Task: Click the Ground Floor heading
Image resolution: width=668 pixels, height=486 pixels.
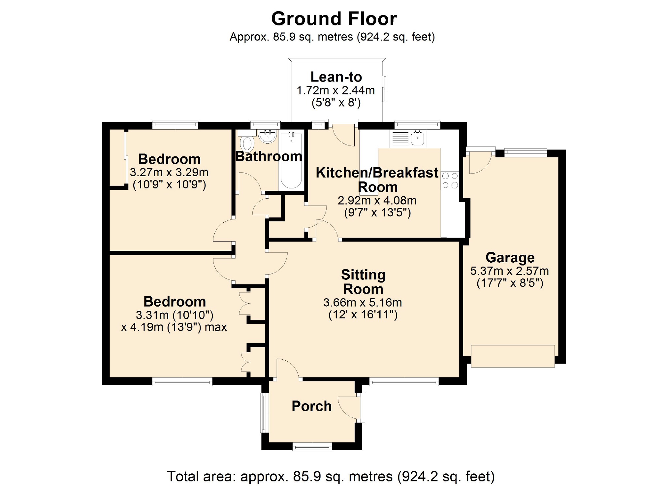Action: tap(334, 19)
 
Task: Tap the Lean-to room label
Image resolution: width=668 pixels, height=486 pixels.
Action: tap(336, 77)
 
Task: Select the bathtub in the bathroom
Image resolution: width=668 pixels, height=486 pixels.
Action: tap(291, 162)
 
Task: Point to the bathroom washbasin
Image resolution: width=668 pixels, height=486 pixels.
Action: tap(267, 136)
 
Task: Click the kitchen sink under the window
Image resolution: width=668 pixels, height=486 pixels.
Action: tap(418, 138)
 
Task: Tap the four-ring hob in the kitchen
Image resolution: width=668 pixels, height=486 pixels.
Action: tap(450, 180)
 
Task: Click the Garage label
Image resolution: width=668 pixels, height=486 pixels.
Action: tap(510, 257)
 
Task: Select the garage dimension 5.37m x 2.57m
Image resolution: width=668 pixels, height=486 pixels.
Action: tap(509, 271)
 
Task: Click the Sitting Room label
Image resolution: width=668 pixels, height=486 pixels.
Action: tap(363, 282)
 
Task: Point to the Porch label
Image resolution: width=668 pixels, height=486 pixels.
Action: tap(311, 406)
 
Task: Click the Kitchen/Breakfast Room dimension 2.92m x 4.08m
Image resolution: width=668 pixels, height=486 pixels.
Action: tap(377, 200)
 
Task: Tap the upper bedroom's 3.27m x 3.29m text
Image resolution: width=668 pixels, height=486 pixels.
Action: tap(169, 172)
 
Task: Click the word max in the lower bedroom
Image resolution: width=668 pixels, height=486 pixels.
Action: tap(216, 327)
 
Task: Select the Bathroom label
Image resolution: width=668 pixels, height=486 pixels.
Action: tap(269, 156)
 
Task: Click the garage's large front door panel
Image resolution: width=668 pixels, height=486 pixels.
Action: tap(513, 356)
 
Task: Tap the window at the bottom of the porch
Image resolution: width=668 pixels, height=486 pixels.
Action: tap(312, 447)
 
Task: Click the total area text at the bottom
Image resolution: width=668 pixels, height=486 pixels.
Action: tap(331, 476)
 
